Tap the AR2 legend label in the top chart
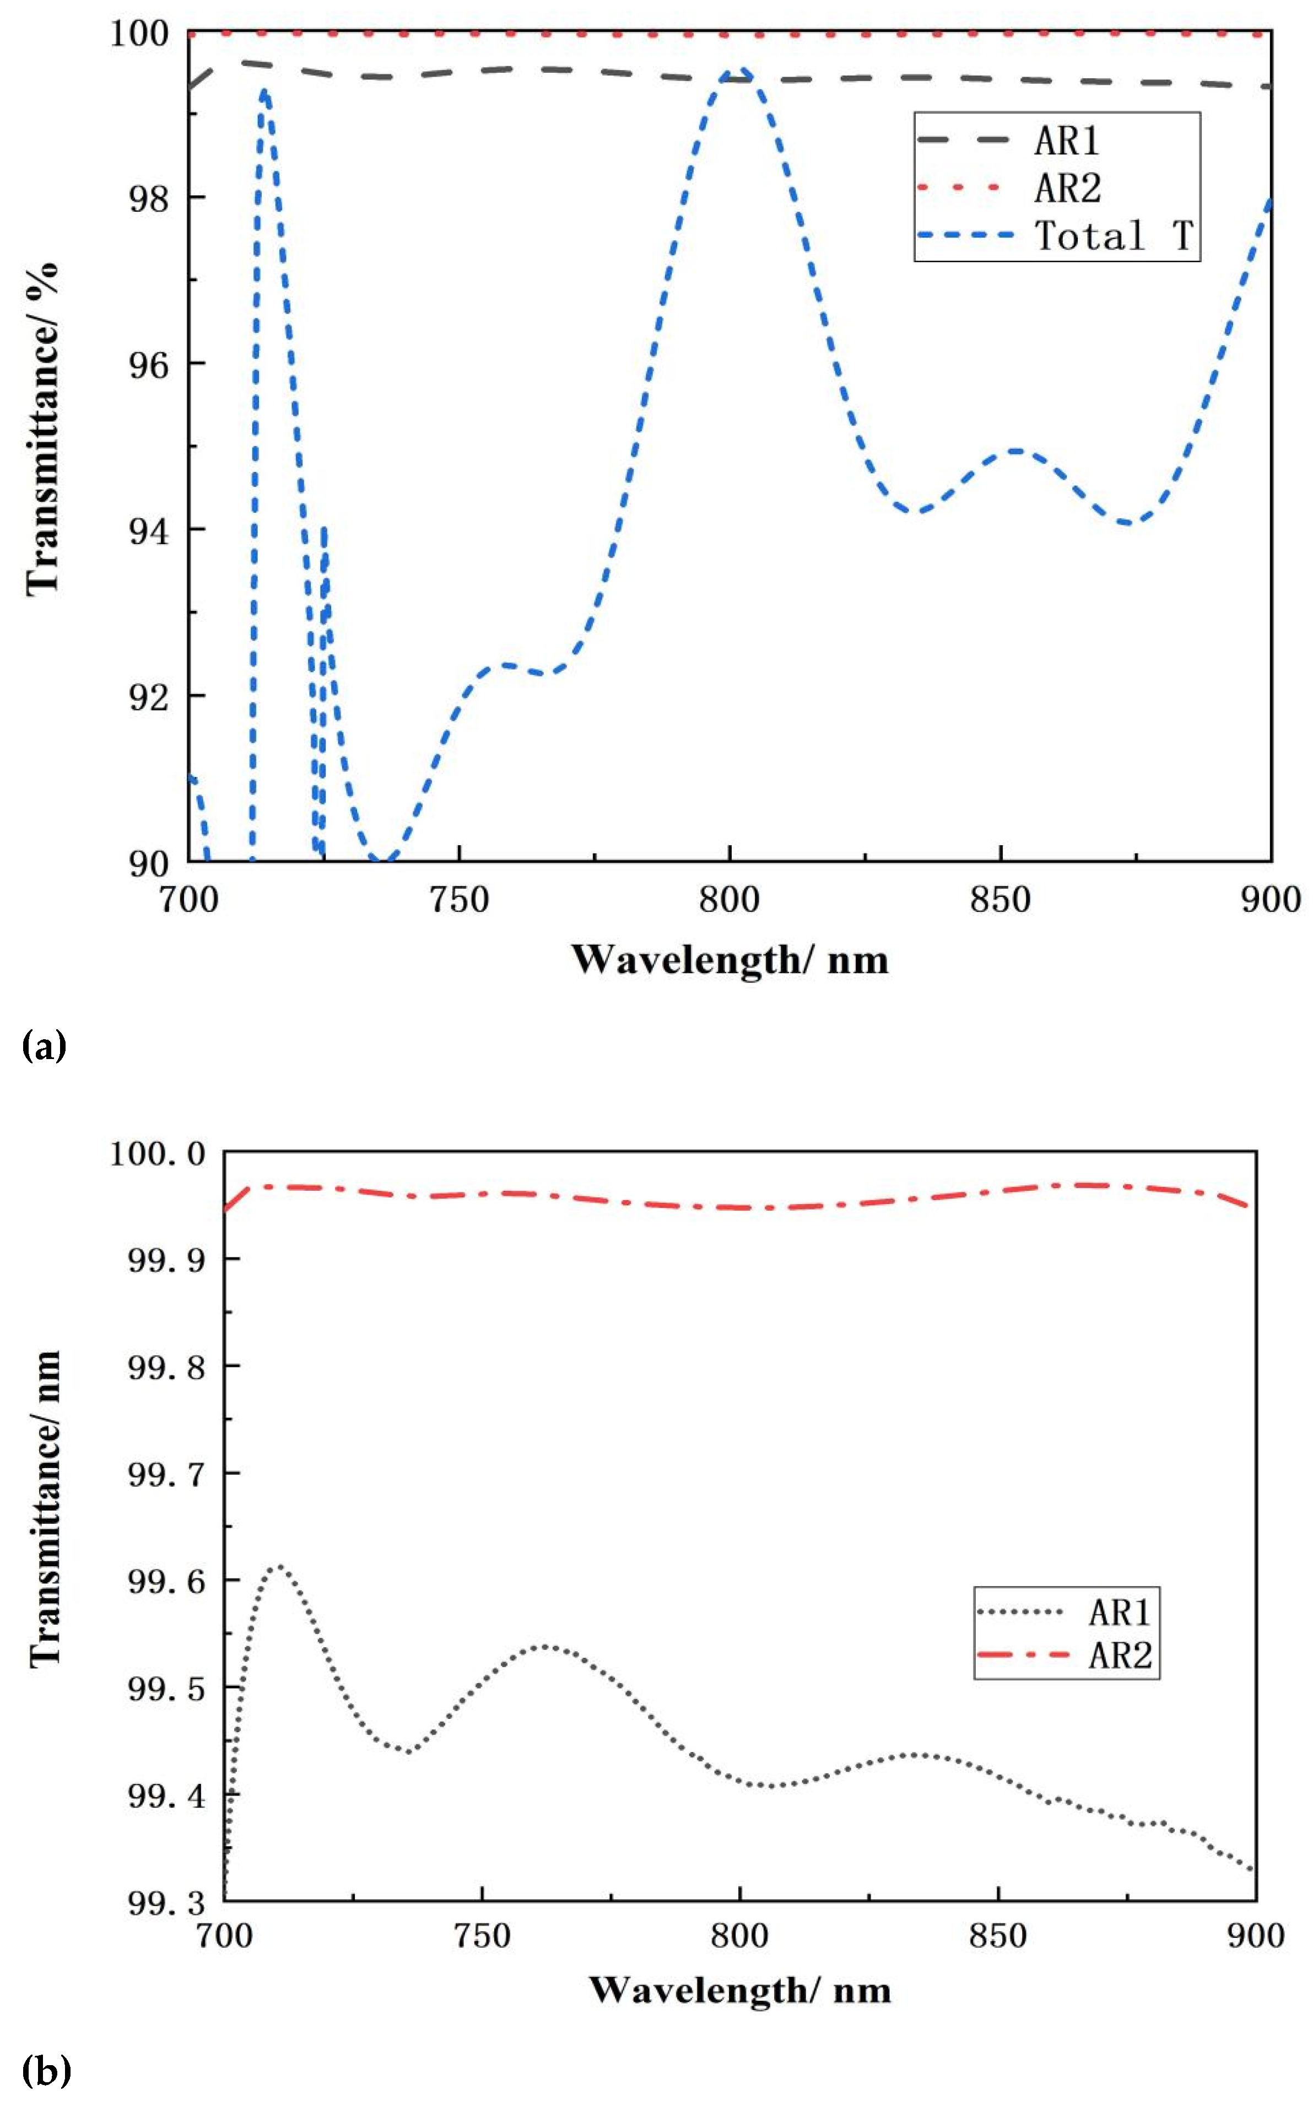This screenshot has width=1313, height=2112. click(1067, 187)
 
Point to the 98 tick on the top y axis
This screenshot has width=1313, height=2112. click(149, 198)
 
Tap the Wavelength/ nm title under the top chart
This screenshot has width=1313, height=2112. click(730, 960)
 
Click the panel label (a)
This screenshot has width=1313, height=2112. click(44, 1045)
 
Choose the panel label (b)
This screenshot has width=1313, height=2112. click(45, 2070)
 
